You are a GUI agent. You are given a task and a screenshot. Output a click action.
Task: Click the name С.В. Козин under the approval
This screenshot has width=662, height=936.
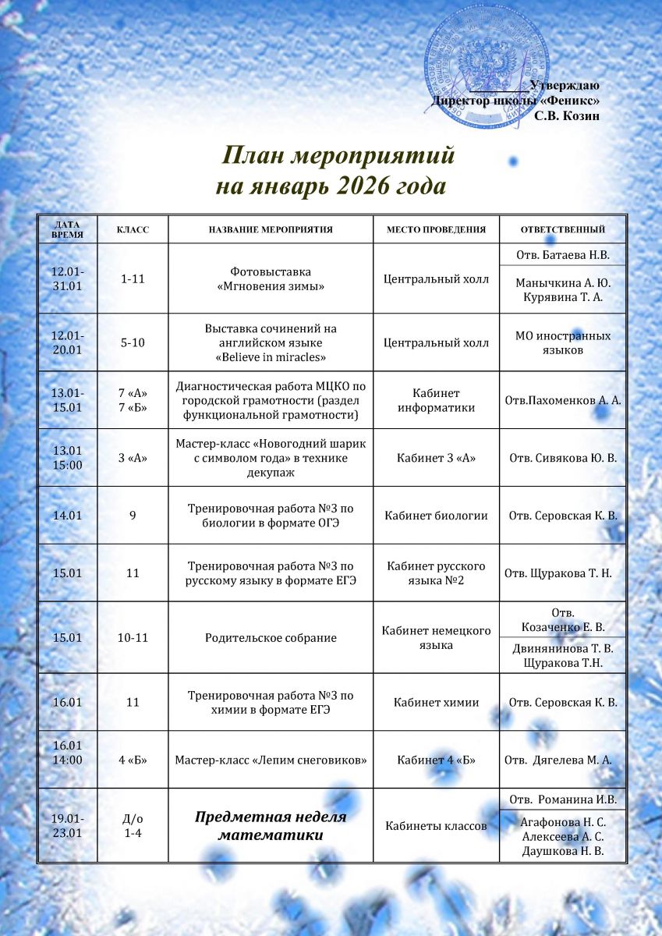point(567,115)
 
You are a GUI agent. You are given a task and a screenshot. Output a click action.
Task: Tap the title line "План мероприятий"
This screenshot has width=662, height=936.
point(338,156)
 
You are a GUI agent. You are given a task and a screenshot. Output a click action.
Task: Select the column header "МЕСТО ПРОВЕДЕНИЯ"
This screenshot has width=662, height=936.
point(437,230)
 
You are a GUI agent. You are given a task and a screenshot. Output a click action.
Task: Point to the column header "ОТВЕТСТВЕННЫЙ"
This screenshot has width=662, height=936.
point(563,230)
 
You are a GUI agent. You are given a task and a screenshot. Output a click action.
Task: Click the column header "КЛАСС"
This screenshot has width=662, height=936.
point(133,230)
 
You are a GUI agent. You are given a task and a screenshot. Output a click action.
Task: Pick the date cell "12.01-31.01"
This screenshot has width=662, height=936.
point(68,278)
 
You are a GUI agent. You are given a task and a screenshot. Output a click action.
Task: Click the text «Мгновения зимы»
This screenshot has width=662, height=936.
point(271,286)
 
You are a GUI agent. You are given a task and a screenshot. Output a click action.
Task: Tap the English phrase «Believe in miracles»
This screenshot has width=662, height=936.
point(271,357)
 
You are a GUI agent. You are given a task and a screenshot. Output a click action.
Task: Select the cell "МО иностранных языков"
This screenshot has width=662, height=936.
point(563,342)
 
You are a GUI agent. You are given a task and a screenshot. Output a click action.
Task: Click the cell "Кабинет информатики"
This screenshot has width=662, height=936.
point(437,400)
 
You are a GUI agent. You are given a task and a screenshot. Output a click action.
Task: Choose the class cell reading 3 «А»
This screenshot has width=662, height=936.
point(133,458)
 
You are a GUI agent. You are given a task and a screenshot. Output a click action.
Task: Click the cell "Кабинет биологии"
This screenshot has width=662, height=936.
point(437,516)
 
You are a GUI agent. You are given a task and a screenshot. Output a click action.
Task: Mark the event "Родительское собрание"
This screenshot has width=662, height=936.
point(271,638)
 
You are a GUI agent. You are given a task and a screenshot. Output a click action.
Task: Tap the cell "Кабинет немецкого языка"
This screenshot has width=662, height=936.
point(437,638)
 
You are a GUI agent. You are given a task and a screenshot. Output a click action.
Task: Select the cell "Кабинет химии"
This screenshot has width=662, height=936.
point(437,703)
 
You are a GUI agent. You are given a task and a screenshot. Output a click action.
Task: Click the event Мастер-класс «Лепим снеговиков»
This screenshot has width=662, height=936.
point(271,760)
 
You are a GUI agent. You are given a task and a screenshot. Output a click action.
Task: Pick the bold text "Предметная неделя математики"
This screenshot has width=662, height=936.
point(271,826)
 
